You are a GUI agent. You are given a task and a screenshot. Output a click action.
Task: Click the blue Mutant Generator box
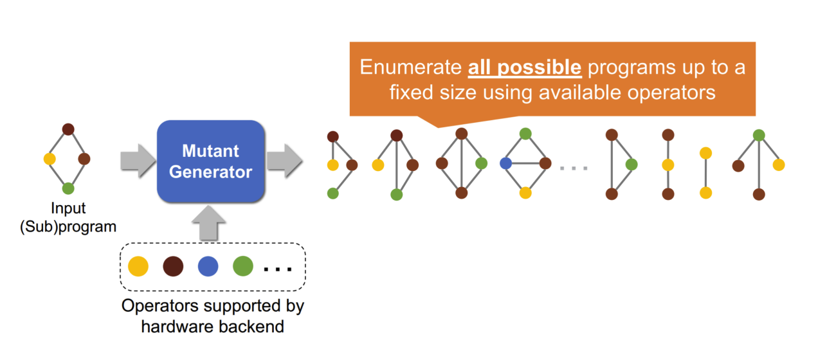[211, 161]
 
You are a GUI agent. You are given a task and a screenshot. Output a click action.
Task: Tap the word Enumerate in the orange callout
[411, 67]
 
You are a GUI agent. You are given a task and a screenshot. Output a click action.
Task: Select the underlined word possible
[540, 68]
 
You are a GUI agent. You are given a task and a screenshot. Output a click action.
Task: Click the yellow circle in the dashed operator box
[138, 266]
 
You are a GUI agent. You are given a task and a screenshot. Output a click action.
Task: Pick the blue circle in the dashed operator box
[208, 266]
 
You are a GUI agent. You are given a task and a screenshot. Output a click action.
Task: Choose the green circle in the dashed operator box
[243, 266]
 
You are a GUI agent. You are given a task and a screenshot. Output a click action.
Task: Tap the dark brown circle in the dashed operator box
[173, 266]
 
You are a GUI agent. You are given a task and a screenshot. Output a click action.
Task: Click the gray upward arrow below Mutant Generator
[209, 222]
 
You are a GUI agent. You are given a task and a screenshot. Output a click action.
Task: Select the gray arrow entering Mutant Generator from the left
[138, 161]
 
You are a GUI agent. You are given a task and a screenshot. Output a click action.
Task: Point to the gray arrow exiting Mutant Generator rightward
[285, 161]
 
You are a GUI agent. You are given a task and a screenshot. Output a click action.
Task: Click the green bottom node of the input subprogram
[68, 188]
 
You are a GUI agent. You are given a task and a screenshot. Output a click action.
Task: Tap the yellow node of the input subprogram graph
[50, 159]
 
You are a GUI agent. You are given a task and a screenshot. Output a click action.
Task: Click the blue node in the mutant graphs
[505, 163]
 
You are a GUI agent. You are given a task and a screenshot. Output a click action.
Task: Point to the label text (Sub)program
[68, 227]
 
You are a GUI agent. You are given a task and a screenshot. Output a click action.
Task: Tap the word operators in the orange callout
[671, 93]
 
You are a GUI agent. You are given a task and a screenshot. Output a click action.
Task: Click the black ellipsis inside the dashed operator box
[278, 269]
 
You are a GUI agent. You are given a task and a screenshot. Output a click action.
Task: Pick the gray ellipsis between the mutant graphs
[574, 168]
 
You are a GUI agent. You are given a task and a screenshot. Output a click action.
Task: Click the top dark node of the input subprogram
[68, 129]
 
